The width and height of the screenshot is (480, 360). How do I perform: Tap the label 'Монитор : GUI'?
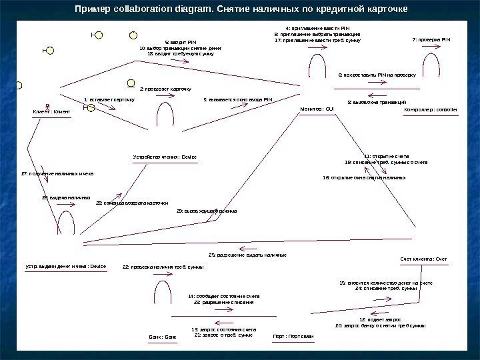[317, 107]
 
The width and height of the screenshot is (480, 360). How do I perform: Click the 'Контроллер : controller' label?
[431, 109]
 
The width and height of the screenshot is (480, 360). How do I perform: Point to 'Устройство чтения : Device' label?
[166, 157]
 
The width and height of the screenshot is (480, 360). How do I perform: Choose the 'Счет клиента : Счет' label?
[423, 259]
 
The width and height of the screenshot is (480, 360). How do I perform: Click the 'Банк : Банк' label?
[163, 337]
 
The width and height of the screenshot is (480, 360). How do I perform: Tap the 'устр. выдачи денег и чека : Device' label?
[65, 266]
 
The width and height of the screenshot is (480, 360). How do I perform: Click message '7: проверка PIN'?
[431, 40]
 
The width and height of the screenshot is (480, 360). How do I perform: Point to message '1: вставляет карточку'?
[109, 99]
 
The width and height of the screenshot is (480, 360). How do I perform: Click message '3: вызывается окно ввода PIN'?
[238, 99]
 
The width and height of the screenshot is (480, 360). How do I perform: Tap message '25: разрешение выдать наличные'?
[247, 255]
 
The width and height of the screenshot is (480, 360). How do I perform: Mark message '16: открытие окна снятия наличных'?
[363, 178]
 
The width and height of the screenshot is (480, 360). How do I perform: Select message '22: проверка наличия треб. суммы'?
[163, 267]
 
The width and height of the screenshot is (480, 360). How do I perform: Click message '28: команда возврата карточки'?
[132, 202]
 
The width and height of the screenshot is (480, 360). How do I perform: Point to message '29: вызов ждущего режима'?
[206, 211]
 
